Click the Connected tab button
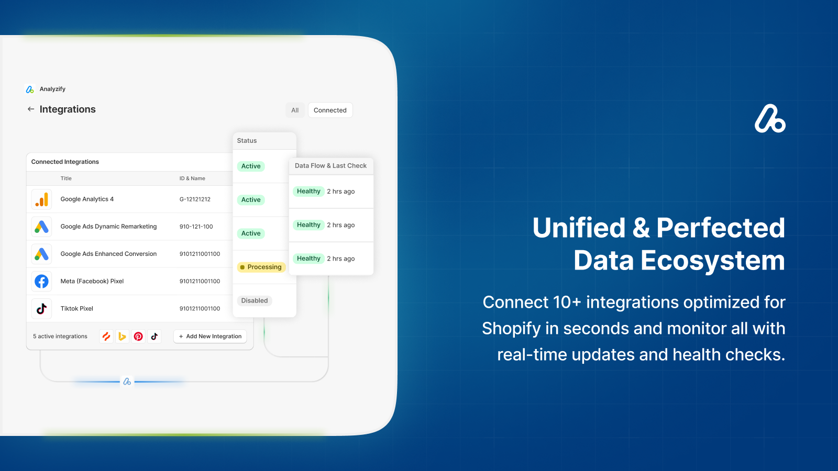point(330,110)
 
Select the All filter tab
point(295,110)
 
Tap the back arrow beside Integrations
point(31,109)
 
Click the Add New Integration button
point(210,337)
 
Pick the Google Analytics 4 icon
point(41,199)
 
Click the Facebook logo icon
point(41,281)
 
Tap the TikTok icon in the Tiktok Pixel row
point(41,309)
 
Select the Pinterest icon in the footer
point(138,337)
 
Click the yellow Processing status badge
point(261,267)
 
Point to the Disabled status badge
point(255,300)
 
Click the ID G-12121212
point(195,199)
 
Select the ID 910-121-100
point(196,227)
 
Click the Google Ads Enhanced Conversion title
point(108,254)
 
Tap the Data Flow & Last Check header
point(330,165)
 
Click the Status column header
point(247,141)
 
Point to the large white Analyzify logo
point(770,118)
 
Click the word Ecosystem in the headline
point(713,260)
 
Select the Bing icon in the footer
point(123,337)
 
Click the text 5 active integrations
point(60,337)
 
